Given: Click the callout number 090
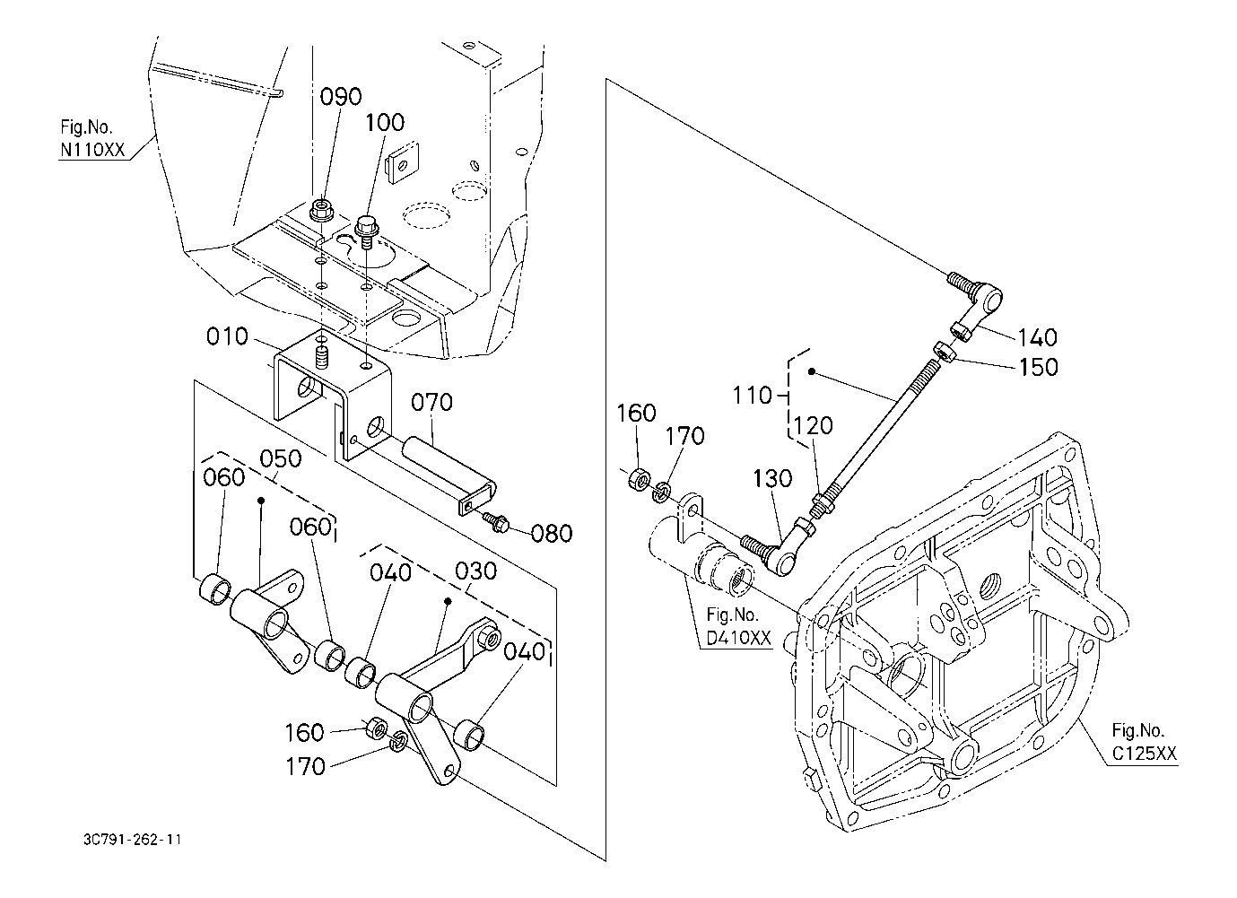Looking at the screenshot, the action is pyautogui.click(x=341, y=97).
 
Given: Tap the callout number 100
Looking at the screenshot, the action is pyautogui.click(x=384, y=123).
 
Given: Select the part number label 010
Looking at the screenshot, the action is pyautogui.click(x=228, y=336).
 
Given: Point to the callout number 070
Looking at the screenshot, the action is pyautogui.click(x=431, y=402).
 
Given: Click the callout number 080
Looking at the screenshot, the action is pyautogui.click(x=552, y=534).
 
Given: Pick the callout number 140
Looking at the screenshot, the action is pyautogui.click(x=1037, y=337).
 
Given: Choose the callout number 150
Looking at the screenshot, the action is pyautogui.click(x=1038, y=367).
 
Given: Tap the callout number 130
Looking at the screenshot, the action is pyautogui.click(x=772, y=478).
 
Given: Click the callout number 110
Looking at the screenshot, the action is pyautogui.click(x=752, y=396).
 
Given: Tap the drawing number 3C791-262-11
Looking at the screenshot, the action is pyautogui.click(x=132, y=840).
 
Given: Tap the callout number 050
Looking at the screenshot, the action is pyautogui.click(x=281, y=459).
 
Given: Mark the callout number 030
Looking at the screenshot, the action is pyautogui.click(x=476, y=571).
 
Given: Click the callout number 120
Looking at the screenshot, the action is pyautogui.click(x=813, y=426).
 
